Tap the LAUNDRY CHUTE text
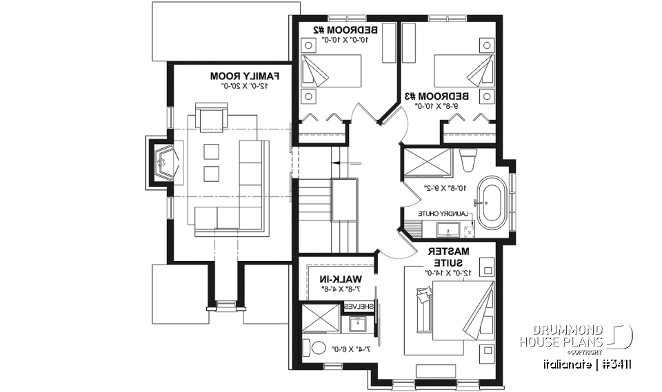pyautogui.click(x=445, y=214)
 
